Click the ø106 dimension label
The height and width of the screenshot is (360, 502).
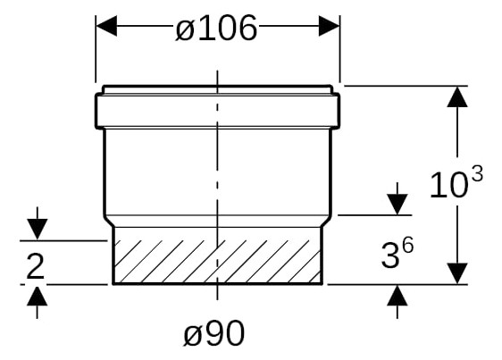click(x=217, y=29)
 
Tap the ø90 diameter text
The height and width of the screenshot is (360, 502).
click(x=214, y=333)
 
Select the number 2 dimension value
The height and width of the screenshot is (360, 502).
click(x=35, y=265)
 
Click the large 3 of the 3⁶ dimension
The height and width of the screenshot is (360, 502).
click(x=389, y=257)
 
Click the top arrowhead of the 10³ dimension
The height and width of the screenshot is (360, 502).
click(x=457, y=97)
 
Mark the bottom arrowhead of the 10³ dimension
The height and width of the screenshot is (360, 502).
click(x=457, y=273)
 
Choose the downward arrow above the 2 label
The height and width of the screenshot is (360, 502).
click(x=36, y=227)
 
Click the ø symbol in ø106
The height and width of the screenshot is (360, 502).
click(x=184, y=29)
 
